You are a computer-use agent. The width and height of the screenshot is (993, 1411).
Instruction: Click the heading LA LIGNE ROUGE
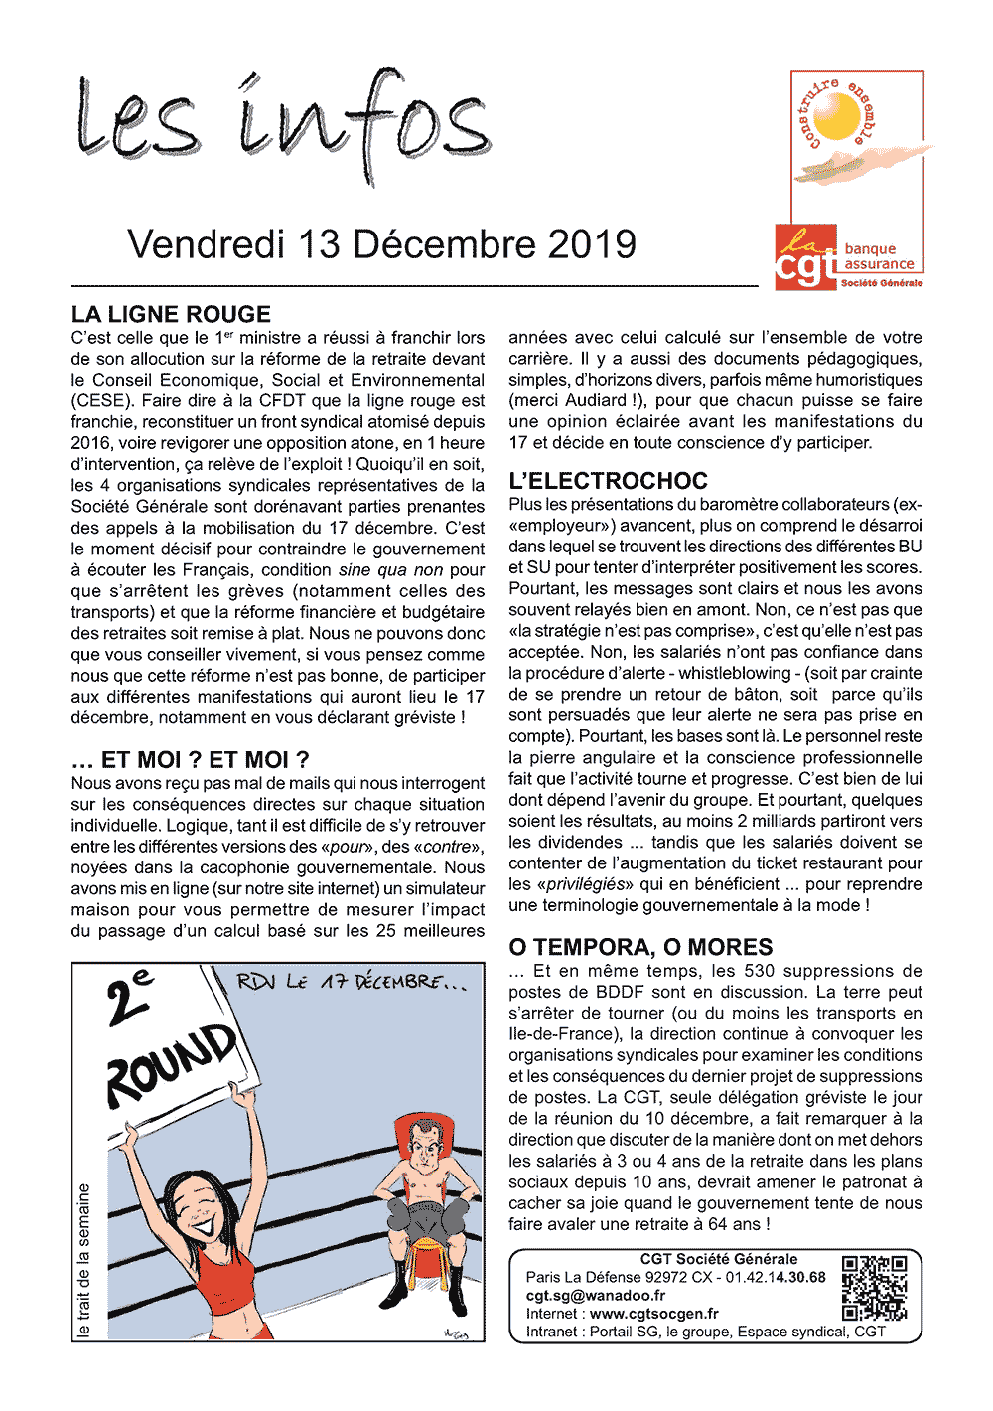click(x=171, y=314)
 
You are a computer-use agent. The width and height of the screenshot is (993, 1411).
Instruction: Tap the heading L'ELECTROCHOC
click(x=608, y=481)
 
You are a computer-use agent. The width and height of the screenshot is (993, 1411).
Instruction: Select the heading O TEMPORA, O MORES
click(x=640, y=947)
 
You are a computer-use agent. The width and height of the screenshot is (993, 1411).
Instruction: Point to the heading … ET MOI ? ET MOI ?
click(x=190, y=760)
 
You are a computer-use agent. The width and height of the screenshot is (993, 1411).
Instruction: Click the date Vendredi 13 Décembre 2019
click(x=382, y=244)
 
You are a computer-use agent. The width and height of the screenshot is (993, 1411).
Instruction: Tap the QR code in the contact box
click(x=874, y=1288)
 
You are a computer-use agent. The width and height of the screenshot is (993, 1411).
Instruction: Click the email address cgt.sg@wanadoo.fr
click(x=596, y=1296)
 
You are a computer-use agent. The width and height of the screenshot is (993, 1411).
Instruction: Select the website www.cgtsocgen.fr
click(x=654, y=1314)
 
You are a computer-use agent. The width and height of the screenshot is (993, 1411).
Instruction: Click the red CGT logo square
click(x=805, y=256)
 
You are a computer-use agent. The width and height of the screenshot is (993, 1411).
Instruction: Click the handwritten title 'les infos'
click(x=283, y=124)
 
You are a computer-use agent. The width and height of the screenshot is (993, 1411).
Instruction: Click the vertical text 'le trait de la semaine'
click(x=84, y=1260)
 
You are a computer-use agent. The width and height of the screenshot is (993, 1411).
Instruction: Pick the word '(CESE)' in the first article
click(x=101, y=401)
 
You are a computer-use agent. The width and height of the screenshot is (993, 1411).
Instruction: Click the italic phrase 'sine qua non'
click(x=390, y=570)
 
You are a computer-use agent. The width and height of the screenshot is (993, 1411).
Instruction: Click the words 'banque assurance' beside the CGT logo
click(x=879, y=257)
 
